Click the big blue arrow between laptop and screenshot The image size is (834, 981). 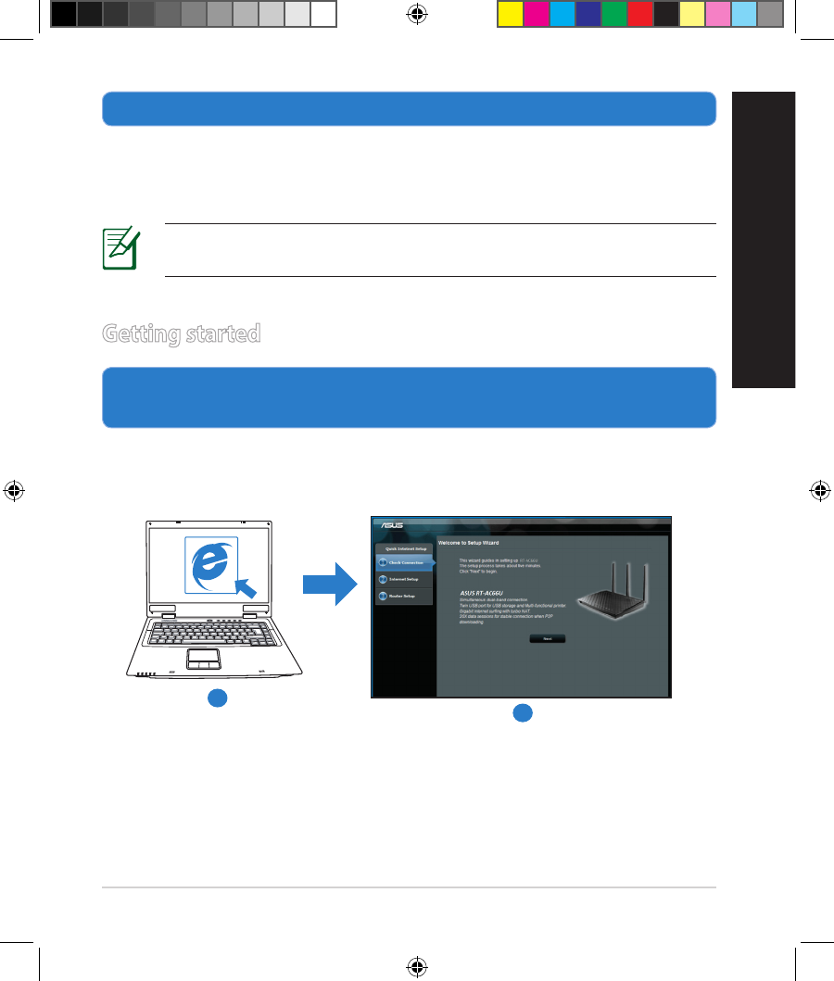point(330,585)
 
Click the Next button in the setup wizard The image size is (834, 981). point(547,639)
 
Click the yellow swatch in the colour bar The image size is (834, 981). point(510,14)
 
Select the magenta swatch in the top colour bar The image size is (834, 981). point(536,14)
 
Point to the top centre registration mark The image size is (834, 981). point(416,14)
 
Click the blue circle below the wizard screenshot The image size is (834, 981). point(523,712)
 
